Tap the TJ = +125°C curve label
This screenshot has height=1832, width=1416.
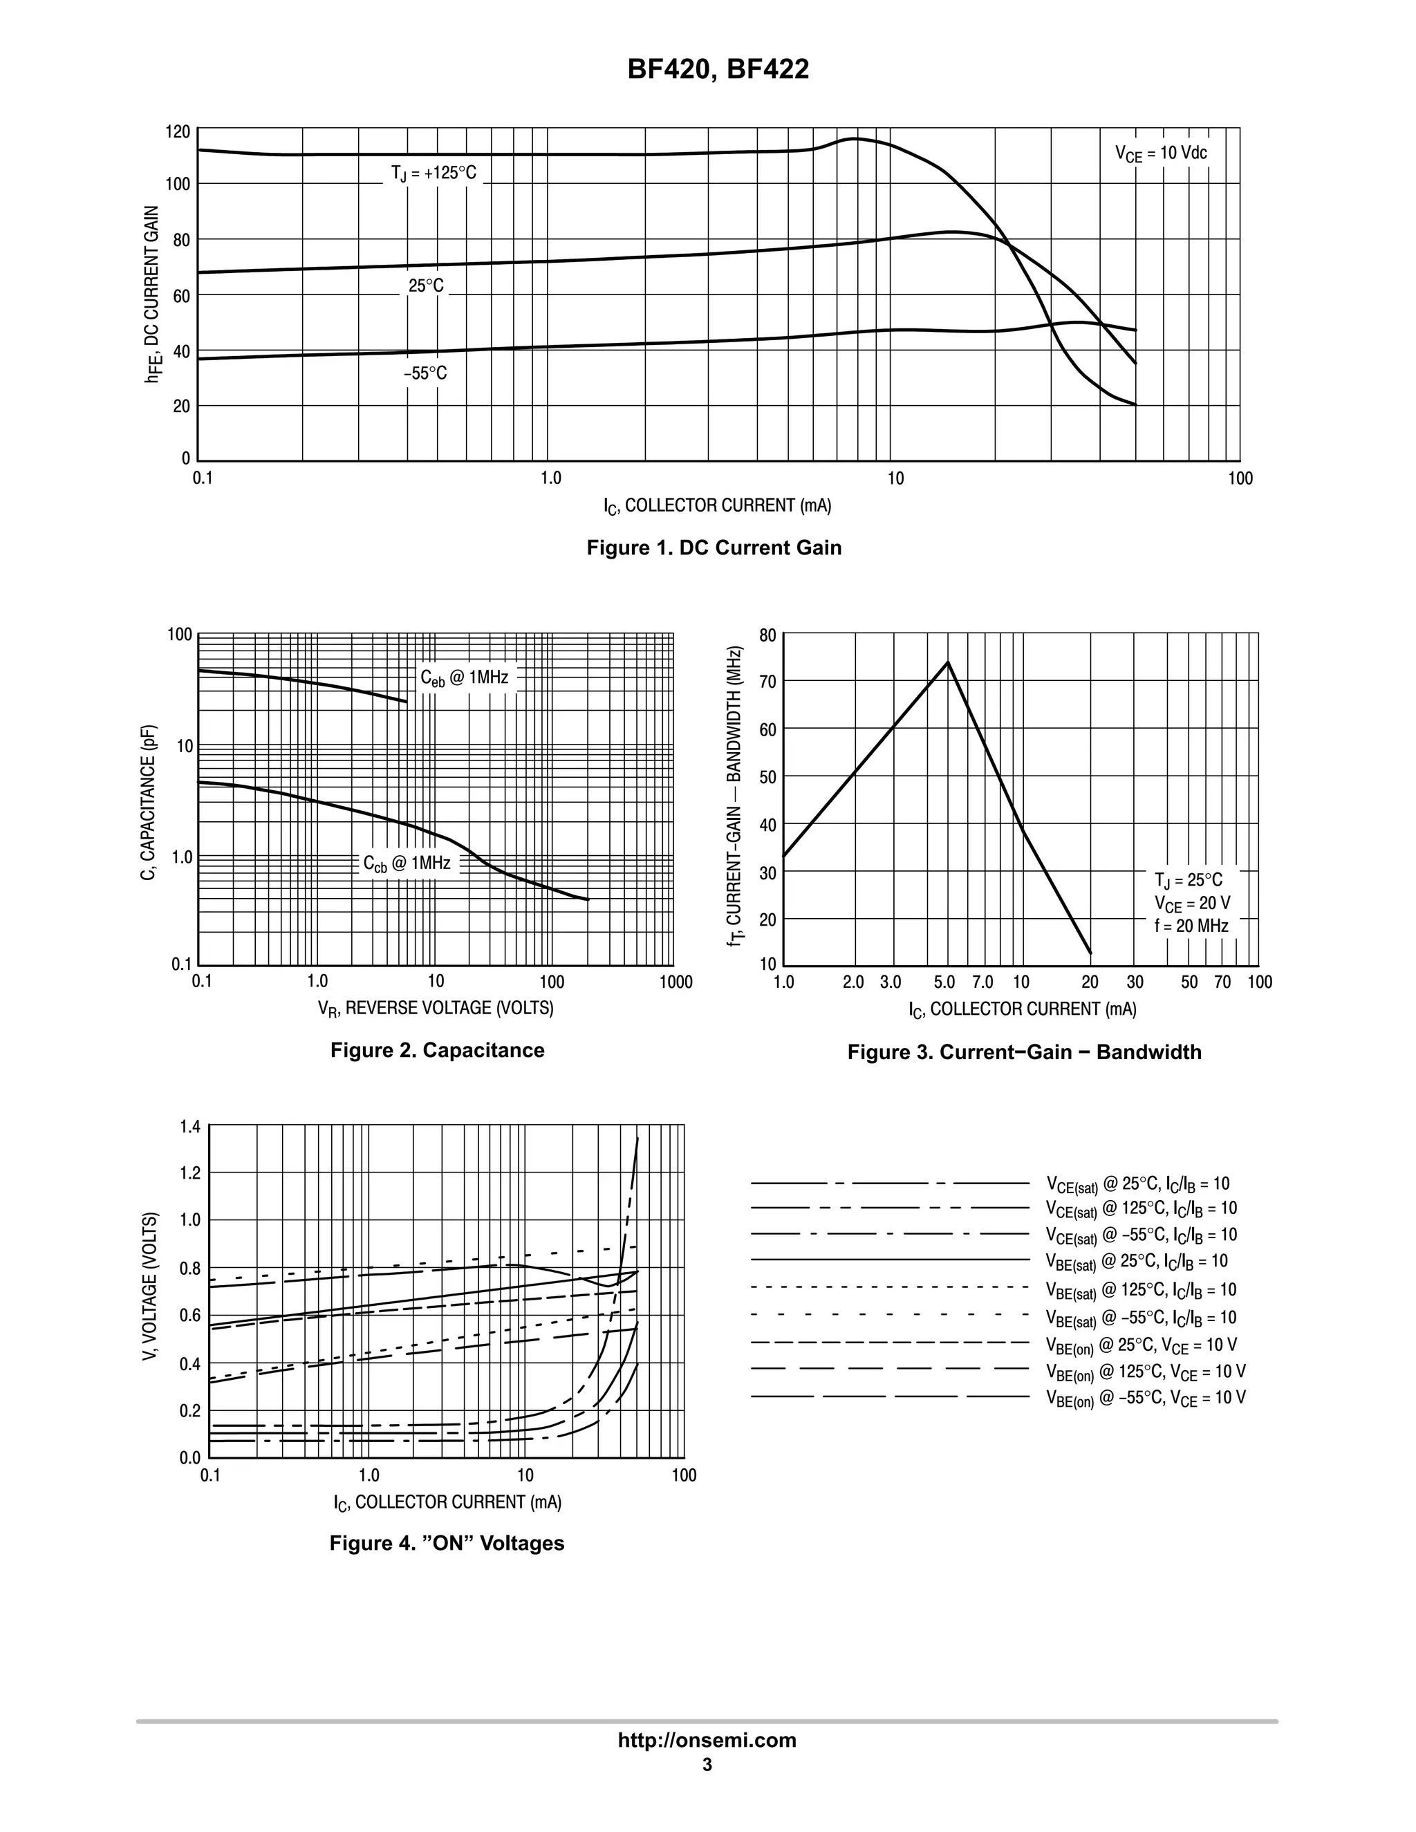pos(433,174)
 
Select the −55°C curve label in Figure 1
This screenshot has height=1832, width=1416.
pos(425,373)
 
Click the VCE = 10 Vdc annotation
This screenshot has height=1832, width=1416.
pos(1160,153)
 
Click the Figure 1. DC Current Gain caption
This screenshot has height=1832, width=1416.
pos(713,548)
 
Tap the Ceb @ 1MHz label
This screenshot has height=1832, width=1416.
pos(464,677)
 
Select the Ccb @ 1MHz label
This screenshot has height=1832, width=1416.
pos(406,863)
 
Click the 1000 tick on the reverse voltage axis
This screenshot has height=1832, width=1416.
pos(676,982)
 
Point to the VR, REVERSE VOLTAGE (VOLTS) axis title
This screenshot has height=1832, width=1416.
pos(436,1008)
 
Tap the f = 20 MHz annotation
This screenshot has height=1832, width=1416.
pos(1191,926)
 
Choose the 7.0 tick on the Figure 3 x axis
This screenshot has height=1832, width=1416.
pos(982,982)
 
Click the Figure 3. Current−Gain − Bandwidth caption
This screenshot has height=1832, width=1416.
pos(1023,1052)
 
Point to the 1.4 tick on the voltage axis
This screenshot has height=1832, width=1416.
pos(190,1127)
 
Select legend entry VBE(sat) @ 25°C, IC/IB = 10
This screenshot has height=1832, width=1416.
pos(1137,1261)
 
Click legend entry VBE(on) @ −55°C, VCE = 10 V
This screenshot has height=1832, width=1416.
pos(1145,1399)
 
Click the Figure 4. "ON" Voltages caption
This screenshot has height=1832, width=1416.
pos(446,1544)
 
